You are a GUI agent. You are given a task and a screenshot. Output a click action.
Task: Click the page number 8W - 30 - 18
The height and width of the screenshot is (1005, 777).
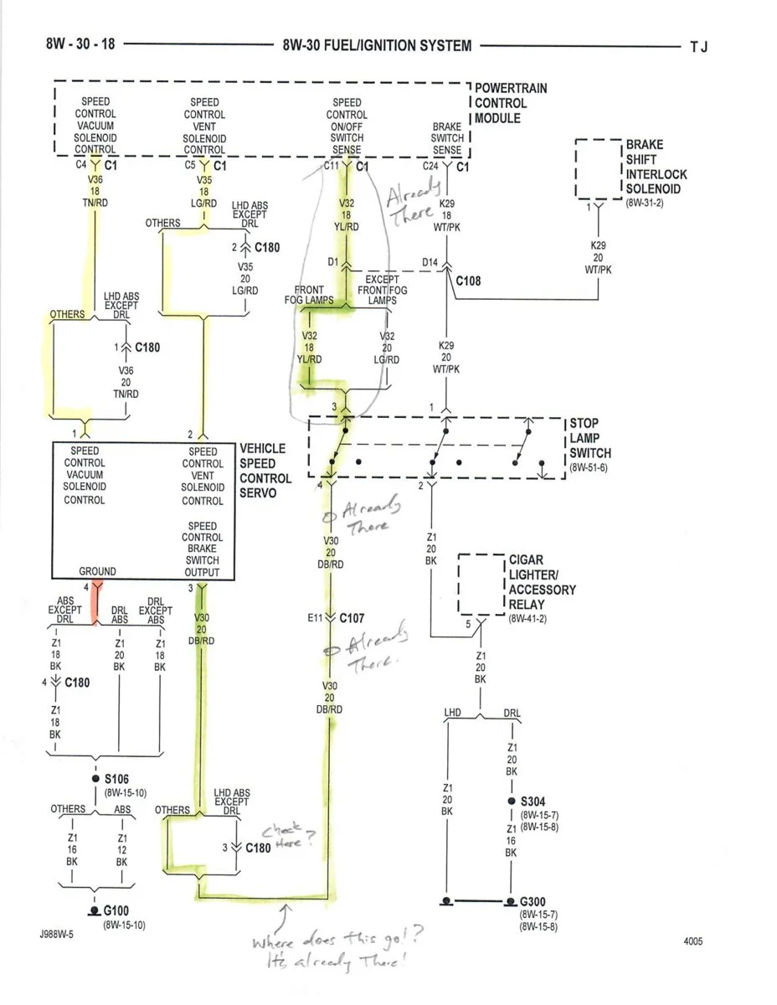[80, 44]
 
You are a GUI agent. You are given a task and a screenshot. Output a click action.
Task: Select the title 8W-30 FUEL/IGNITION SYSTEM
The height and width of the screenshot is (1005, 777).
[377, 45]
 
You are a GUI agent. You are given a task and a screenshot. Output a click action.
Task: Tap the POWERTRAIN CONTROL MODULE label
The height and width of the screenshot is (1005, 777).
[510, 103]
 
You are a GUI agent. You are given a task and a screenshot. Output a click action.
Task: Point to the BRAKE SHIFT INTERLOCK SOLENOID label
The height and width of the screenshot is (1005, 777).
[656, 167]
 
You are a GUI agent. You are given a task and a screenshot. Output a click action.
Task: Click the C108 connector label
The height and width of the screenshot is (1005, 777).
[468, 281]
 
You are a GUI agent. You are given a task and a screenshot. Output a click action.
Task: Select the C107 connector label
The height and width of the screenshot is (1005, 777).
[352, 618]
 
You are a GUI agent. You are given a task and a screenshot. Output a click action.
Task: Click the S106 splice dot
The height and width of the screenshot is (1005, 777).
[95, 778]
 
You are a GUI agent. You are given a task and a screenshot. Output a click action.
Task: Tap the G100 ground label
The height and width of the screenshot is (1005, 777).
[116, 910]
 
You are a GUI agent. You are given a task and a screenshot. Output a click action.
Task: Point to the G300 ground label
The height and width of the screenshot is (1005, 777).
[532, 901]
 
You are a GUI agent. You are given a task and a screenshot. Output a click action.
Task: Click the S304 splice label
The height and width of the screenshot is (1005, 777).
[533, 801]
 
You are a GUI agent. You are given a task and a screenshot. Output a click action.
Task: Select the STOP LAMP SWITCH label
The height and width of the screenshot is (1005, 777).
[590, 438]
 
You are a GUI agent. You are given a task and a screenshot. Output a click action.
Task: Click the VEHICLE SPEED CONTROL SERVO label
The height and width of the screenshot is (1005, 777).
[265, 471]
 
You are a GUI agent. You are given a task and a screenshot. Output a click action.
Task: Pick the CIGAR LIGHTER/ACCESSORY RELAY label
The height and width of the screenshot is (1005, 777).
[543, 582]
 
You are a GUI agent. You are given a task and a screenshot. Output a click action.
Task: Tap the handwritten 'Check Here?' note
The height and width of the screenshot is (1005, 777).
[289, 836]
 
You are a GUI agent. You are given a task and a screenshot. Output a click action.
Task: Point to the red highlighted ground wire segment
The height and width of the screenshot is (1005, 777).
[95, 604]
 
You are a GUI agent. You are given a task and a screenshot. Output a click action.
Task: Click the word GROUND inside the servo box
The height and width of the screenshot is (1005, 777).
[97, 571]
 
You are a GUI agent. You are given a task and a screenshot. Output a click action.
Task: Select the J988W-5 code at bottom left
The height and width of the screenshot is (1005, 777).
[56, 935]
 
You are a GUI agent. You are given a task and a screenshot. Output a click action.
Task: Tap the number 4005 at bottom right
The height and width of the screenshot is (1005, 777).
[693, 941]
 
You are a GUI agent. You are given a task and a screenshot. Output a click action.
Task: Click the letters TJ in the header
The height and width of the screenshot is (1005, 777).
[698, 47]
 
